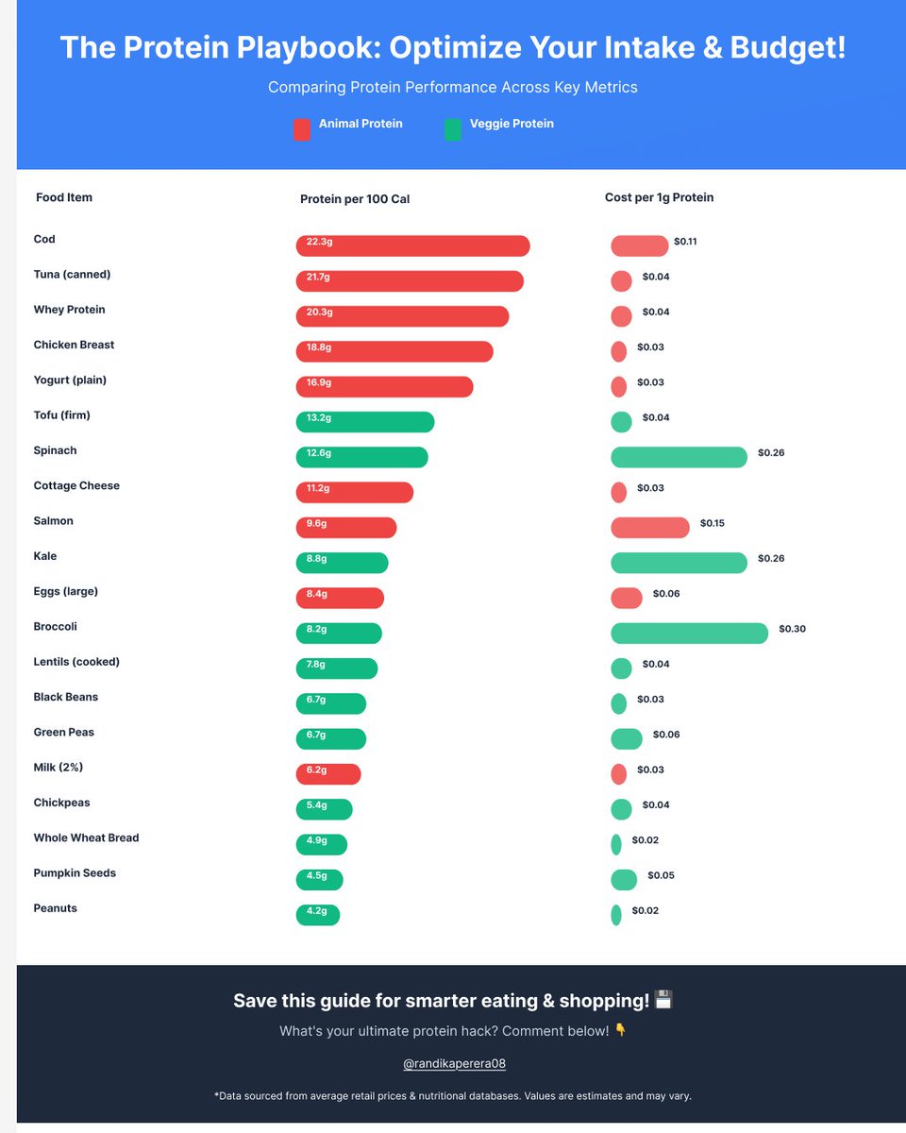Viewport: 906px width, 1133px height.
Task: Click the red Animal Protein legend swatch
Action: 302,129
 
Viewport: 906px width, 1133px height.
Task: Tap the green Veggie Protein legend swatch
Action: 453,129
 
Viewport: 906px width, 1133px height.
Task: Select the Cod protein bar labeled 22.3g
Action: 412,245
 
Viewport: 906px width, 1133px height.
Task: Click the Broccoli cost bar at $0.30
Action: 689,633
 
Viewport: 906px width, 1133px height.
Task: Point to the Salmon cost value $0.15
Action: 712,523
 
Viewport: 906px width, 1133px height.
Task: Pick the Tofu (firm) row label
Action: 61,415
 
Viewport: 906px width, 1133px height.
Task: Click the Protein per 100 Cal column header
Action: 355,199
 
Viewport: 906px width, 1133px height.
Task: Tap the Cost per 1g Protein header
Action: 659,197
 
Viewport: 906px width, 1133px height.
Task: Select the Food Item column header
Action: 64,197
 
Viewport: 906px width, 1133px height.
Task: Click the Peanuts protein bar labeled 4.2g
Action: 317,915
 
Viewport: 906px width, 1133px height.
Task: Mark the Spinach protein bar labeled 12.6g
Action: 361,457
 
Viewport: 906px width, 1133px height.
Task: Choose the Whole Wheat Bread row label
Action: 86,837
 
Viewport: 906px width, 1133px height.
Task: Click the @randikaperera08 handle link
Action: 454,1063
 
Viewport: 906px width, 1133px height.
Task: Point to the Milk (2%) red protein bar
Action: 327,774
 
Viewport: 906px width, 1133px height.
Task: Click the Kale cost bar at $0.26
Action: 679,563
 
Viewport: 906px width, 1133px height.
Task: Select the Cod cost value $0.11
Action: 685,242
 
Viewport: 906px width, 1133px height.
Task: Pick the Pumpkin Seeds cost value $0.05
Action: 661,875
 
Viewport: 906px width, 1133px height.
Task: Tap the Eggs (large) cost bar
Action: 626,598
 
